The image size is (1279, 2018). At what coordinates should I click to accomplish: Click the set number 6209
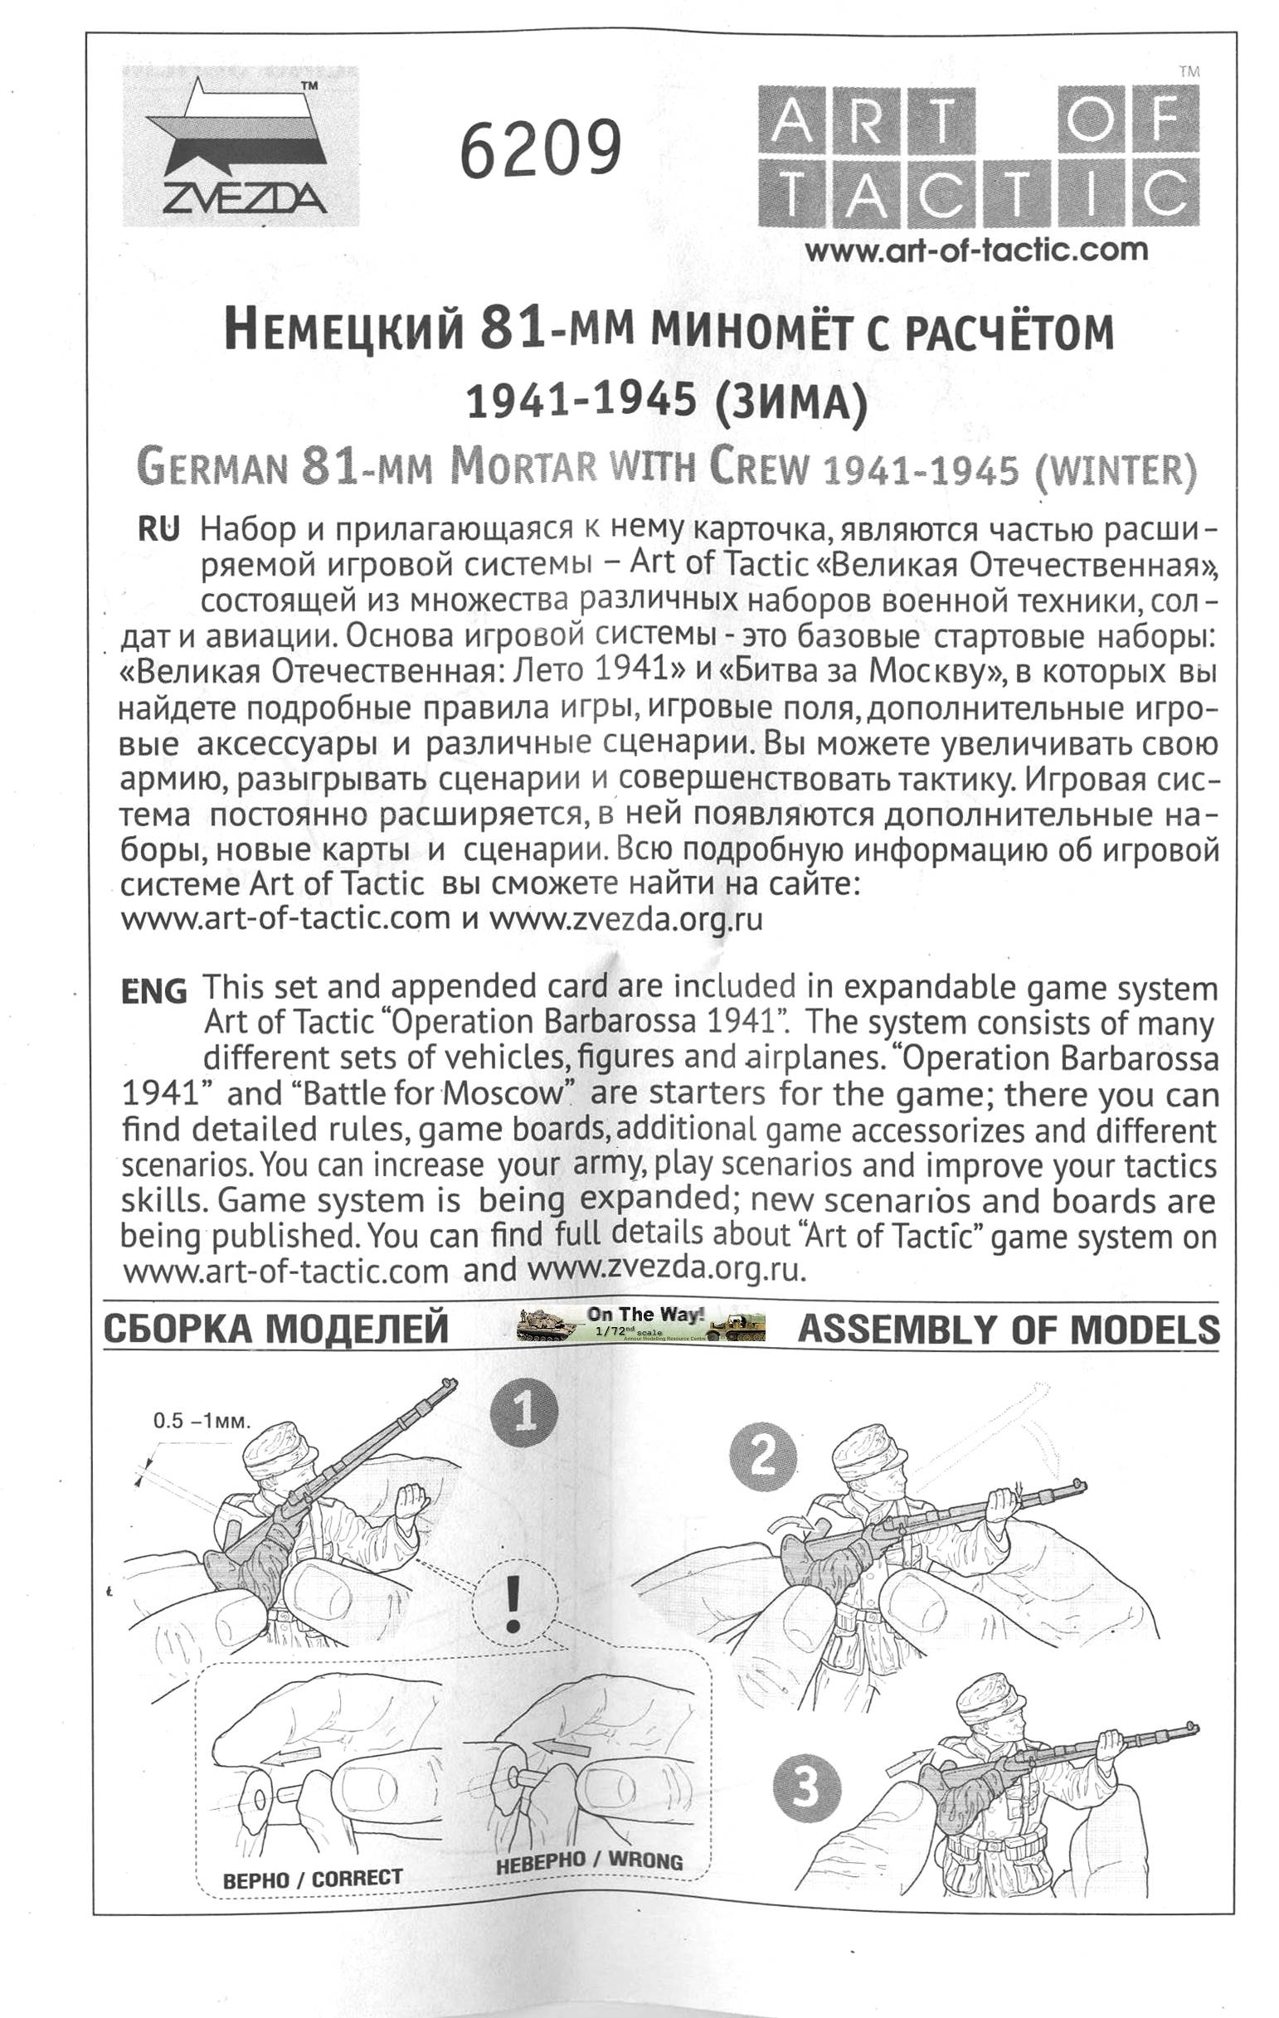tap(541, 149)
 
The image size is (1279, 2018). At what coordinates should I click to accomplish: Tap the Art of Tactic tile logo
tap(978, 157)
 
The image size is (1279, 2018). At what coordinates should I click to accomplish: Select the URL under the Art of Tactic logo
tap(975, 249)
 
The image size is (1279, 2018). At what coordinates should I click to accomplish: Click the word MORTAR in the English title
tap(523, 466)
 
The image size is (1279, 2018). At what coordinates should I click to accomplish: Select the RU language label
tap(158, 530)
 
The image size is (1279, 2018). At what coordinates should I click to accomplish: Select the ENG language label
tap(154, 990)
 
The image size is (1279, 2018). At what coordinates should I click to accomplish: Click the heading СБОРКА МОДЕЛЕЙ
tap(275, 1329)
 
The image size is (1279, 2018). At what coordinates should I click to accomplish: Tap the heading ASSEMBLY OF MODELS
tap(1009, 1329)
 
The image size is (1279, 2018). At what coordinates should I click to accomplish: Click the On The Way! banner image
tap(641, 1323)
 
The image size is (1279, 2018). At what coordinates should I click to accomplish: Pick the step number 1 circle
tap(525, 1413)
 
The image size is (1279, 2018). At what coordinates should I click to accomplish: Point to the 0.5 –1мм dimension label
tap(202, 1420)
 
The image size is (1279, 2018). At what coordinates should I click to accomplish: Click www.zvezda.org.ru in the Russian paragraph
tap(626, 919)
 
